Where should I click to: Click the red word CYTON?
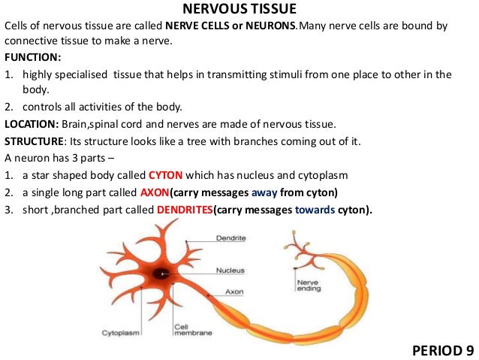166,175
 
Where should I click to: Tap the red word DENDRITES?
185,209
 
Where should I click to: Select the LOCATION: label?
29,125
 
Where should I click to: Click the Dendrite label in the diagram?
230,238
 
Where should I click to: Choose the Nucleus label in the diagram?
230,270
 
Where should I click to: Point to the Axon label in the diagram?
233,292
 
